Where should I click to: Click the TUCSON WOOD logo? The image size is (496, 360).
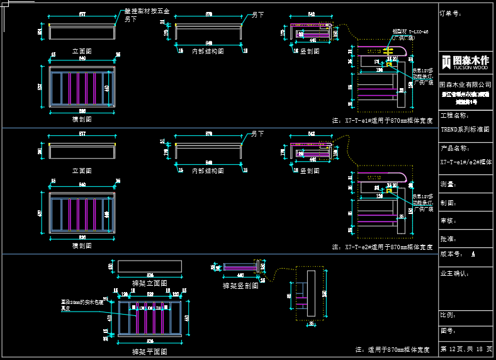pyautogui.click(x=465, y=62)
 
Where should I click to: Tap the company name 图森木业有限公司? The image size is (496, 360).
pyautogui.click(x=465, y=84)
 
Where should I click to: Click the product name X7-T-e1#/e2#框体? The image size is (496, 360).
pyautogui.click(x=465, y=162)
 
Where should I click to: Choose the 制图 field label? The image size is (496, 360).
pyautogui.click(x=448, y=203)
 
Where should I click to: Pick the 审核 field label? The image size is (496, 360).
pyautogui.click(x=448, y=221)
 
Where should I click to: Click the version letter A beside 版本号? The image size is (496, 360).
pyautogui.click(x=473, y=254)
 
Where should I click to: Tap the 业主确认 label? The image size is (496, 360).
pyautogui.click(x=453, y=273)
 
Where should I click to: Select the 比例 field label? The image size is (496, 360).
pyautogui.click(x=448, y=314)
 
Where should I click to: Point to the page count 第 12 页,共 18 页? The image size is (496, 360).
pyautogui.click(x=466, y=349)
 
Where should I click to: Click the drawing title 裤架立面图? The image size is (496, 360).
pyautogui.click(x=149, y=283)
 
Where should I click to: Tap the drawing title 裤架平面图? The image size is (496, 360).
pyautogui.click(x=149, y=351)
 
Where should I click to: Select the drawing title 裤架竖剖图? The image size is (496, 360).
pyautogui.click(x=240, y=285)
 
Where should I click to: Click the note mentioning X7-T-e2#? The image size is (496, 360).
pyautogui.click(x=382, y=247)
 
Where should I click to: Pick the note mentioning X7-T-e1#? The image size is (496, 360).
pyautogui.click(x=382, y=120)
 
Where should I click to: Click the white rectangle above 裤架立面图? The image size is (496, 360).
pyautogui.click(x=149, y=266)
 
